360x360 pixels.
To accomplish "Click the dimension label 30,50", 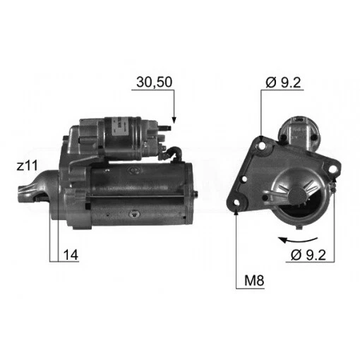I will pyautogui.click(x=152, y=83).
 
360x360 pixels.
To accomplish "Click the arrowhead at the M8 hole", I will pyautogui.click(x=235, y=209).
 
